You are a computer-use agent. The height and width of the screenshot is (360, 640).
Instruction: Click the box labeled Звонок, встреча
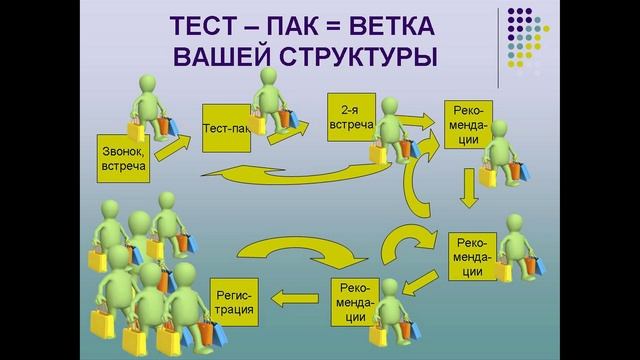point(124,159)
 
